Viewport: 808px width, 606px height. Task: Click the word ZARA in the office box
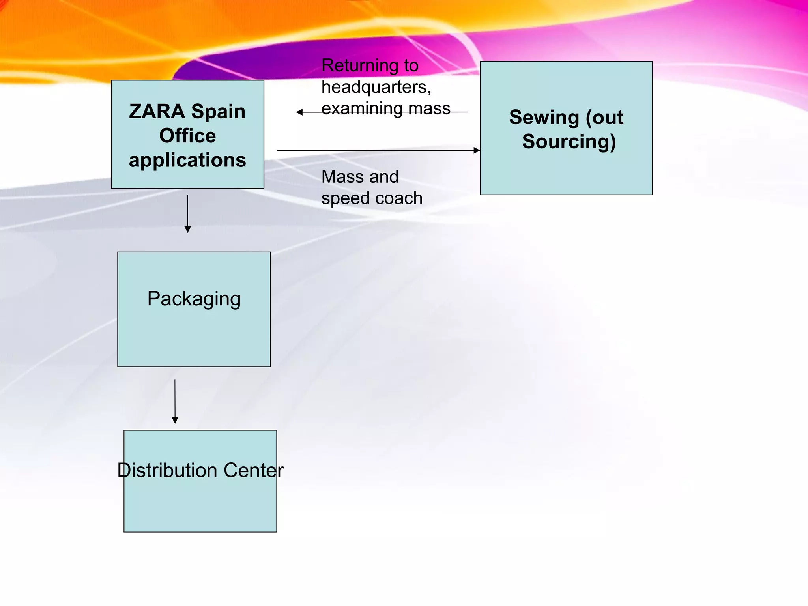157,111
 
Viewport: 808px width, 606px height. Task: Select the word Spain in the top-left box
218,111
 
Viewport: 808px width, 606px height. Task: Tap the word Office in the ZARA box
187,136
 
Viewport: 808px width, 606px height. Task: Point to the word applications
187,160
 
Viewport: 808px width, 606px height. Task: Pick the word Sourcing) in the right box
569,142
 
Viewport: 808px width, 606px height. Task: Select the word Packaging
194,299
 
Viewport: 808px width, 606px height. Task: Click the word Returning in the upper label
359,65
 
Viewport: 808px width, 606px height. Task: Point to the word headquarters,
376,87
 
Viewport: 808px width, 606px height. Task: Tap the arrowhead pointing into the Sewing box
477,150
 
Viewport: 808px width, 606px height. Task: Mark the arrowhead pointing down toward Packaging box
188,229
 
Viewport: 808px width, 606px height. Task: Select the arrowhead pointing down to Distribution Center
175,420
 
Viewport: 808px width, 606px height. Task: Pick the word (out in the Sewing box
604,118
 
